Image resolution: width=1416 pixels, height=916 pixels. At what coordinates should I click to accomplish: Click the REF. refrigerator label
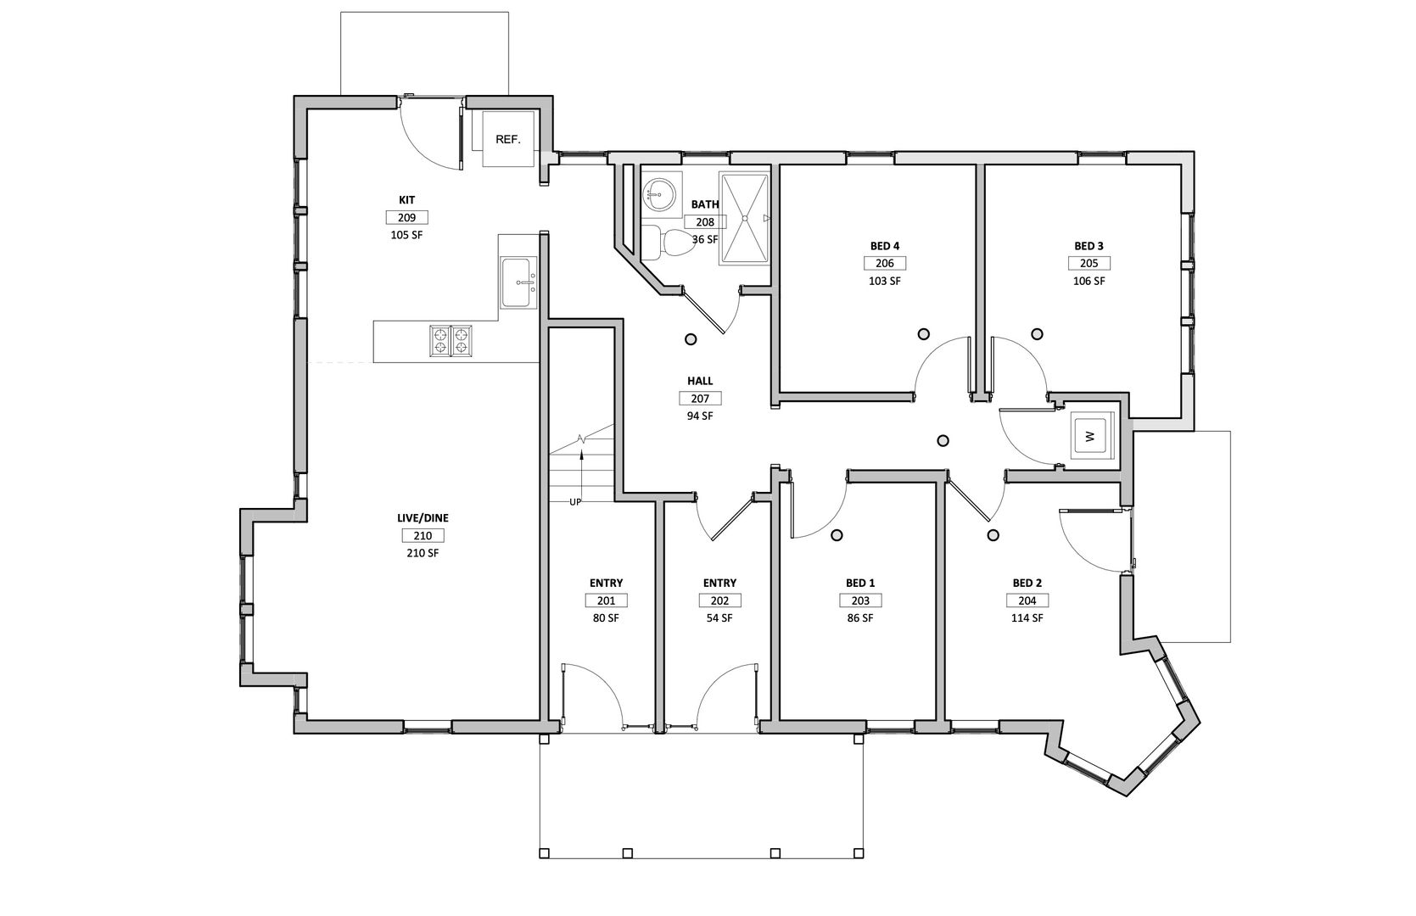tap(507, 140)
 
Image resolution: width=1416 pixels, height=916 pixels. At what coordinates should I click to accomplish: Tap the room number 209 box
tap(406, 217)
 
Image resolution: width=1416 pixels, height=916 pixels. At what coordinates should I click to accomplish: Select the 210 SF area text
tap(423, 553)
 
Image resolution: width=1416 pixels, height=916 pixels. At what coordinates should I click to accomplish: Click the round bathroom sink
tap(659, 192)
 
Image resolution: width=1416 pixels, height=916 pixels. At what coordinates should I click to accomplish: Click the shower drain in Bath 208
tap(745, 218)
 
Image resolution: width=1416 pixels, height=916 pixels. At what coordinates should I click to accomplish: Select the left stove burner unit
tap(439, 340)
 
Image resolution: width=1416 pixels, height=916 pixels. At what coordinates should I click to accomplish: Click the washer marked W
tap(1093, 436)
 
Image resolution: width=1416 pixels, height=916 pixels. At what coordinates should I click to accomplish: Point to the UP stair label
tap(575, 503)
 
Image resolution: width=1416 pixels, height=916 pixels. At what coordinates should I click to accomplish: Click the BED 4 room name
tap(884, 246)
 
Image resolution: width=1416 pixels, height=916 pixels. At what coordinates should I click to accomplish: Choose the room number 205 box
tap(1089, 263)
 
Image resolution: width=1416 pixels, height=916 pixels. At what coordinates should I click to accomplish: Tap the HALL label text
tap(700, 381)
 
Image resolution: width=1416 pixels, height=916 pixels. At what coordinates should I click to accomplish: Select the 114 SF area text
tap(1027, 618)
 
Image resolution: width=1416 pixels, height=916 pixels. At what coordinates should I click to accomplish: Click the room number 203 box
tap(859, 600)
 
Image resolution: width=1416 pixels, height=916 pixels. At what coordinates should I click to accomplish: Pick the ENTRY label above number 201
tap(606, 583)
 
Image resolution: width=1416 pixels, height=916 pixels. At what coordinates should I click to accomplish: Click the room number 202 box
tap(719, 600)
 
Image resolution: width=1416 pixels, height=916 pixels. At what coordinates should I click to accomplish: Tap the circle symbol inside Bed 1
tap(837, 535)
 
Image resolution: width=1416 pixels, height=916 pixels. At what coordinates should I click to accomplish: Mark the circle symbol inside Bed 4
tap(924, 334)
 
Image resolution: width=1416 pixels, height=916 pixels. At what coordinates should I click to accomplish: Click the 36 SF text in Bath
tap(705, 239)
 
